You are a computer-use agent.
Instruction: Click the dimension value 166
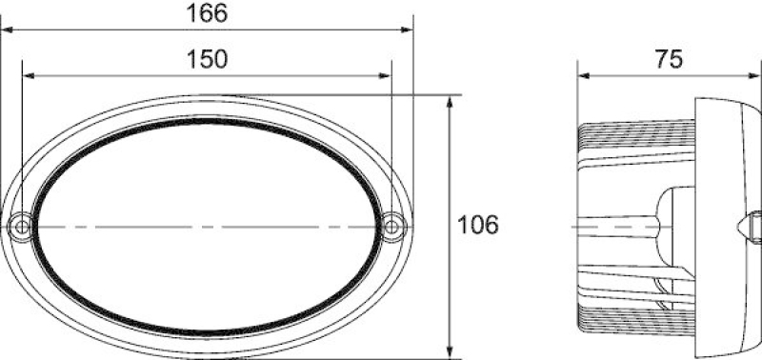(208, 13)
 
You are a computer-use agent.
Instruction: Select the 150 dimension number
(208, 58)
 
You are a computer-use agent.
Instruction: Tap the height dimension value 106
(478, 226)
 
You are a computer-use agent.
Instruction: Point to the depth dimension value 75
(670, 58)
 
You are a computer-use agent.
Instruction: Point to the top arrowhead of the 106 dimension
(449, 101)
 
